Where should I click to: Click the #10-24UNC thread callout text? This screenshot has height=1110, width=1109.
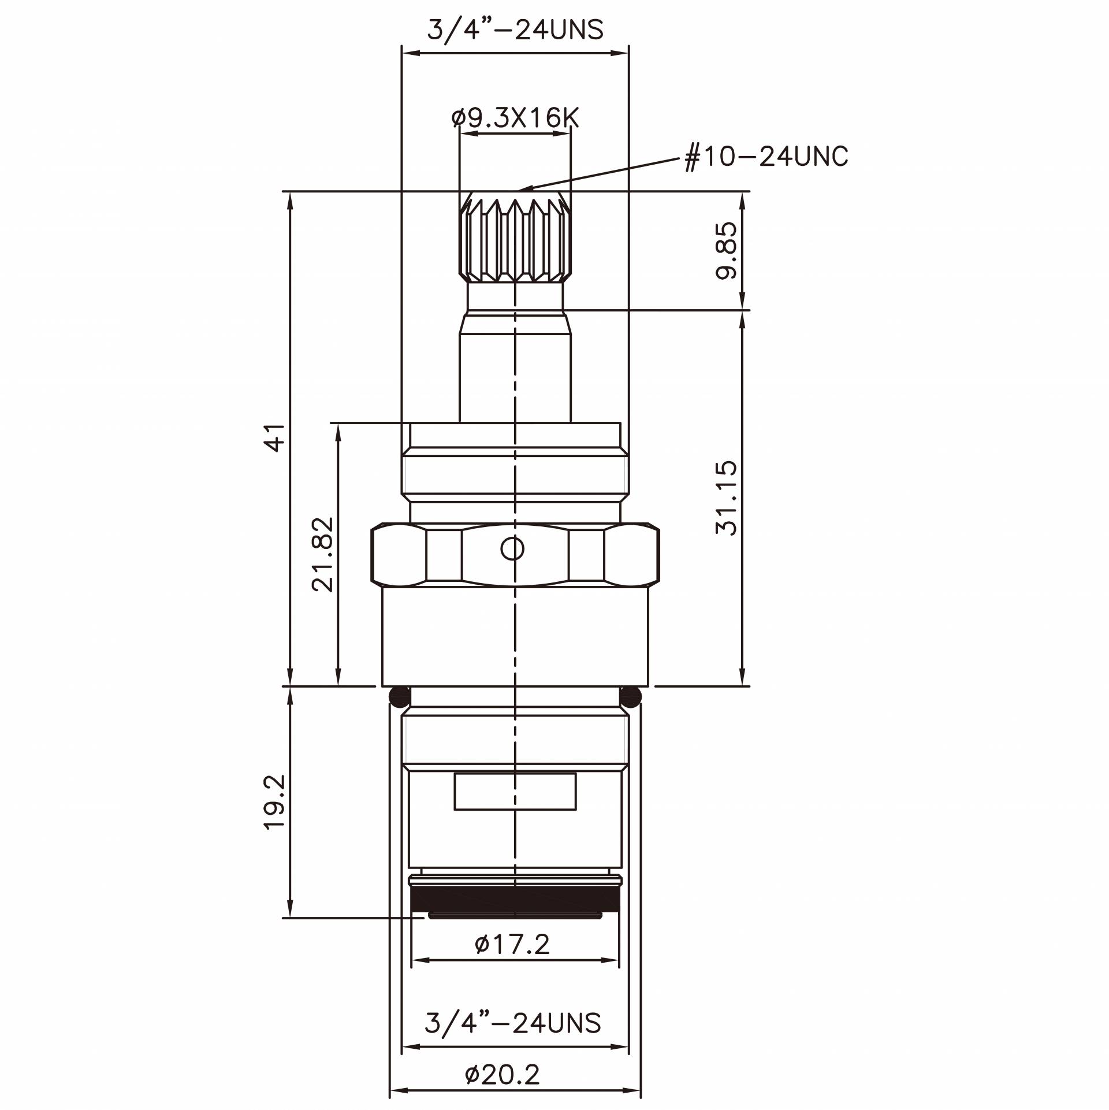pos(766,156)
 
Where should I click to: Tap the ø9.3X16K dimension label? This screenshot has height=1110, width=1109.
pos(515,118)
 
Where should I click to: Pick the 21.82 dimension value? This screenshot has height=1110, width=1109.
pos(322,554)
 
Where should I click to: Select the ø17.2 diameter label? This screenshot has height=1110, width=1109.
pos(512,961)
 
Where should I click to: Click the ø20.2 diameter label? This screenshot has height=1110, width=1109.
pos(503,1075)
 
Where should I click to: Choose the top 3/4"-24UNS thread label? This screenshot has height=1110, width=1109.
pos(515,29)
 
